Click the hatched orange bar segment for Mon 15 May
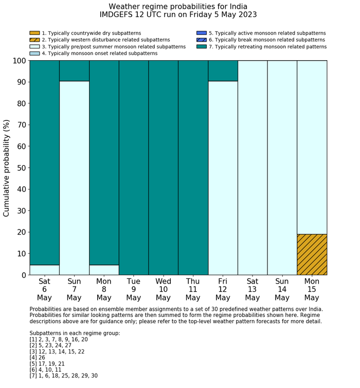pyautogui.click(x=312, y=255)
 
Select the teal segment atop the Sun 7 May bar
pyautogui.click(x=74, y=71)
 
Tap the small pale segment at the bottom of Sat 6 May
pyautogui.click(x=44, y=270)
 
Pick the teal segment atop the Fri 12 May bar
pyautogui.click(x=223, y=71)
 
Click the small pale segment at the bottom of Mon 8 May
pyautogui.click(x=104, y=270)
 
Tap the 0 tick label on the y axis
pyautogui.click(x=23, y=275)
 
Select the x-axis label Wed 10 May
pyautogui.click(x=163, y=289)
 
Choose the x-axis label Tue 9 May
pyautogui.click(x=134, y=289)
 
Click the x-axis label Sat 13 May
pyautogui.click(x=253, y=289)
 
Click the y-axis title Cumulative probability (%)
pyautogui.click(x=7, y=168)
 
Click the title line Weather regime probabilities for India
pyautogui.click(x=178, y=7)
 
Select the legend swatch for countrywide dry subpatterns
pyautogui.click(x=34, y=33)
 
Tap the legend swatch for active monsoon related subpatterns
pyautogui.click(x=201, y=33)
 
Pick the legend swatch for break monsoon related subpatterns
pyautogui.click(x=201, y=40)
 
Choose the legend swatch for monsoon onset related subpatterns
pyautogui.click(x=34, y=54)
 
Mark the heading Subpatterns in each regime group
pyautogui.click(x=75, y=333)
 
